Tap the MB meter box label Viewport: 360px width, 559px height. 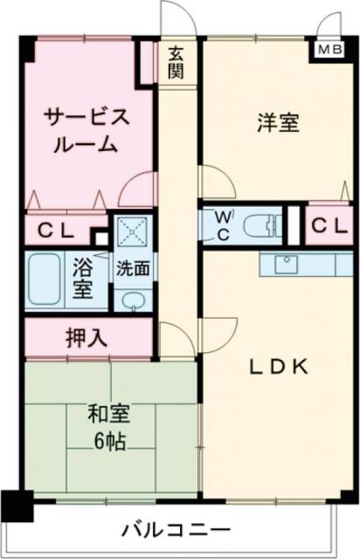point(329,50)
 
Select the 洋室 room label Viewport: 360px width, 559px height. point(279,123)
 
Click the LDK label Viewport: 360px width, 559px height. point(279,367)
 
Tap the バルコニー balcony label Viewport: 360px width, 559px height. point(177,530)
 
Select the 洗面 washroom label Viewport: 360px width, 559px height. point(134,268)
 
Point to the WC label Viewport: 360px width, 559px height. point(224,224)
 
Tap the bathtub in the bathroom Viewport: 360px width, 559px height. point(45,279)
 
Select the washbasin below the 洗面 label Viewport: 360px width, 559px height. point(134,302)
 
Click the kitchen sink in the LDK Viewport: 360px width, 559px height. point(285,263)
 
